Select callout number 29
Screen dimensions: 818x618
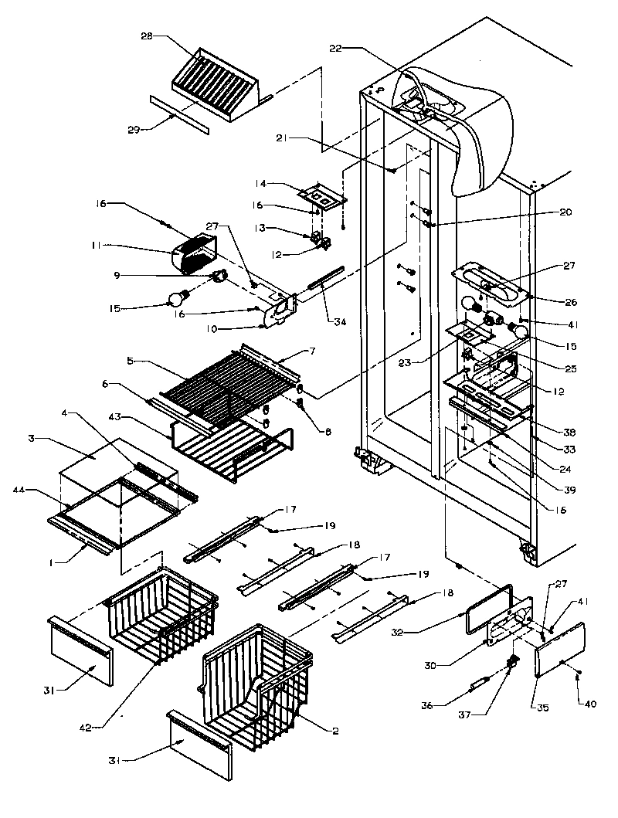pyautogui.click(x=133, y=130)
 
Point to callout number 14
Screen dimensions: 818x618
pyautogui.click(x=260, y=185)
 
